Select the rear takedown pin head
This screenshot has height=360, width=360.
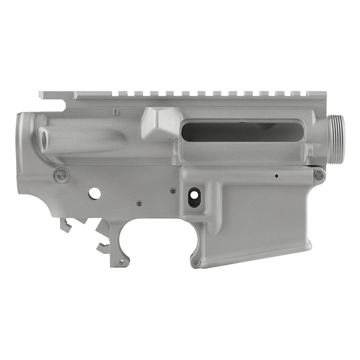[x=61, y=175]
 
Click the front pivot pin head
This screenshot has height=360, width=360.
[x=319, y=175]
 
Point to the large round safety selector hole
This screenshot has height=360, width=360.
[x=94, y=193]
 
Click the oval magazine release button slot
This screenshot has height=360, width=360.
[x=194, y=197]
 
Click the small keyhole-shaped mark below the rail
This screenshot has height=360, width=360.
[x=115, y=111]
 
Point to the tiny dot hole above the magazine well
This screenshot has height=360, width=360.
[x=276, y=176]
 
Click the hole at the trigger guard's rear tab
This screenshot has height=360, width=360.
[x=121, y=261]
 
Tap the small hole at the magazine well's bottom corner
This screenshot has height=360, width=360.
[x=196, y=261]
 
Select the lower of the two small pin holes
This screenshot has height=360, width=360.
[x=139, y=203]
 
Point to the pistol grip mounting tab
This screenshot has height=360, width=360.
[x=65, y=225]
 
